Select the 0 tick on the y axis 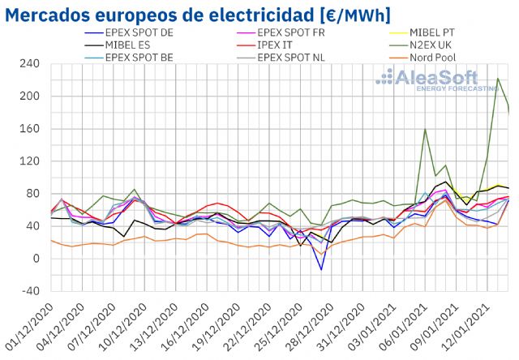36,259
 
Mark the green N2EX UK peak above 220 497,79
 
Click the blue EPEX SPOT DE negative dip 321,269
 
